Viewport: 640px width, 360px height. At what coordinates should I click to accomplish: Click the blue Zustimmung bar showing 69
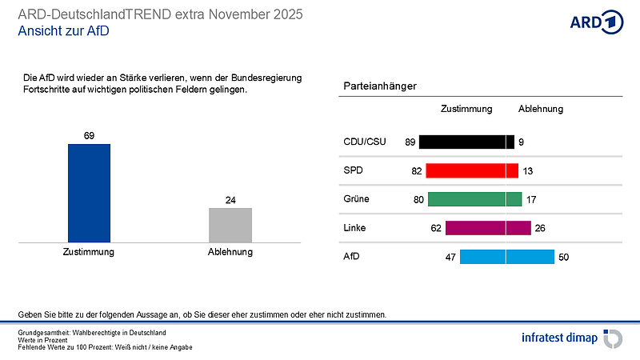coord(89,193)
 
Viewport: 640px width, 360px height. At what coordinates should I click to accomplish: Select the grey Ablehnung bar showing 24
coord(230,225)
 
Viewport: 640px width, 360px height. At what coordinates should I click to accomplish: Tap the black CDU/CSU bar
coord(466,142)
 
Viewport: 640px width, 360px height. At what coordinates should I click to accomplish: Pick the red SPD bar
coord(472,170)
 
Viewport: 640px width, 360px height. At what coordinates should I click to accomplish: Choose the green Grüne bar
coord(474,199)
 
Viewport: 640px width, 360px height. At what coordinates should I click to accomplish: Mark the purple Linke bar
coord(488,228)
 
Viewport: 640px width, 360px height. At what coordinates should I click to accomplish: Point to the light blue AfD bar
coord(506,257)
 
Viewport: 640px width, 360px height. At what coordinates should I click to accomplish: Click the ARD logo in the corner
coord(596,22)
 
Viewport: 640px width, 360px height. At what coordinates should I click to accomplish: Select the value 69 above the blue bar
coord(89,135)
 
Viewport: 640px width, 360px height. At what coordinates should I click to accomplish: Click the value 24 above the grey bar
coord(230,199)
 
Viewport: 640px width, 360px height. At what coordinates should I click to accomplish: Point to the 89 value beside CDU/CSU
coord(410,142)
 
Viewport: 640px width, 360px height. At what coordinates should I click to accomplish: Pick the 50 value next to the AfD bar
coord(563,258)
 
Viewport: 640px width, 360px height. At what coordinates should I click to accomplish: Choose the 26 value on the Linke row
coord(540,229)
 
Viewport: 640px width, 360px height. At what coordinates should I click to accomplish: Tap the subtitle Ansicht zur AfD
coord(63,32)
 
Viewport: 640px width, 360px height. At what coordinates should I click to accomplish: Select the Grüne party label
coord(358,199)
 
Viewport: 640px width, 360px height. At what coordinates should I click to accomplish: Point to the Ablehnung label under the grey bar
coord(230,252)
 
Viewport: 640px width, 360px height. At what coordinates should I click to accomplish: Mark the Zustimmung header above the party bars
coord(466,109)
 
